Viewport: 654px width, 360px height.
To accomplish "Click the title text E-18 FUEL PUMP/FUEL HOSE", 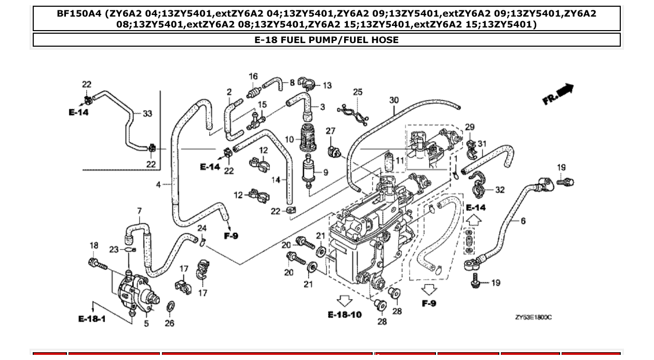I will point(326,40).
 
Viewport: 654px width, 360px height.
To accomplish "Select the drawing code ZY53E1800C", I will point(533,317).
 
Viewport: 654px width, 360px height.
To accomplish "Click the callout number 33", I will point(147,114).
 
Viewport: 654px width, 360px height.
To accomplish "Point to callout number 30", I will point(394,100).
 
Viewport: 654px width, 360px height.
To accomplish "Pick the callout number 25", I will point(358,92).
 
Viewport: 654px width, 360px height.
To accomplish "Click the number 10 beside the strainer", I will point(289,139).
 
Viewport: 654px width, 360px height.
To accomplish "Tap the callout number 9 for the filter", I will point(325,172).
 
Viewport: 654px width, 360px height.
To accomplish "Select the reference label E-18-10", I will point(345,315).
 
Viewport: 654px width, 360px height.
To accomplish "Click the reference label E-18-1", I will point(92,319).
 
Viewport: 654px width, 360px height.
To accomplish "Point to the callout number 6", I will point(523,221).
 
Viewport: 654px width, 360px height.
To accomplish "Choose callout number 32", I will point(499,190).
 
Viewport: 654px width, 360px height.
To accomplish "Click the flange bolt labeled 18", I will point(98,264).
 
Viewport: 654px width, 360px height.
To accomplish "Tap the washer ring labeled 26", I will point(170,308).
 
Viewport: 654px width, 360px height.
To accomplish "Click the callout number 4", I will point(158,184).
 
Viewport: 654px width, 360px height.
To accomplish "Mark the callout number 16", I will point(253,77).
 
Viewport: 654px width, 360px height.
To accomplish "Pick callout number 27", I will point(331,132).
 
